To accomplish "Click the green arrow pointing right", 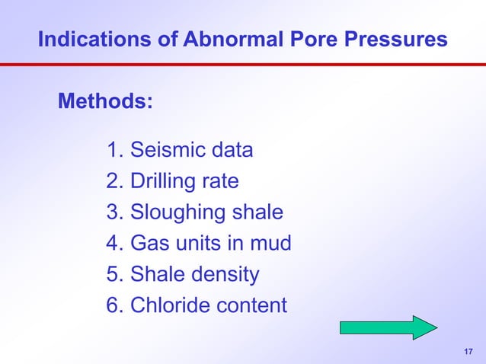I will coord(388,327).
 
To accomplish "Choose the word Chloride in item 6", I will coord(171,305).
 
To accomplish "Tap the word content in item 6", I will coord(252,305).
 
